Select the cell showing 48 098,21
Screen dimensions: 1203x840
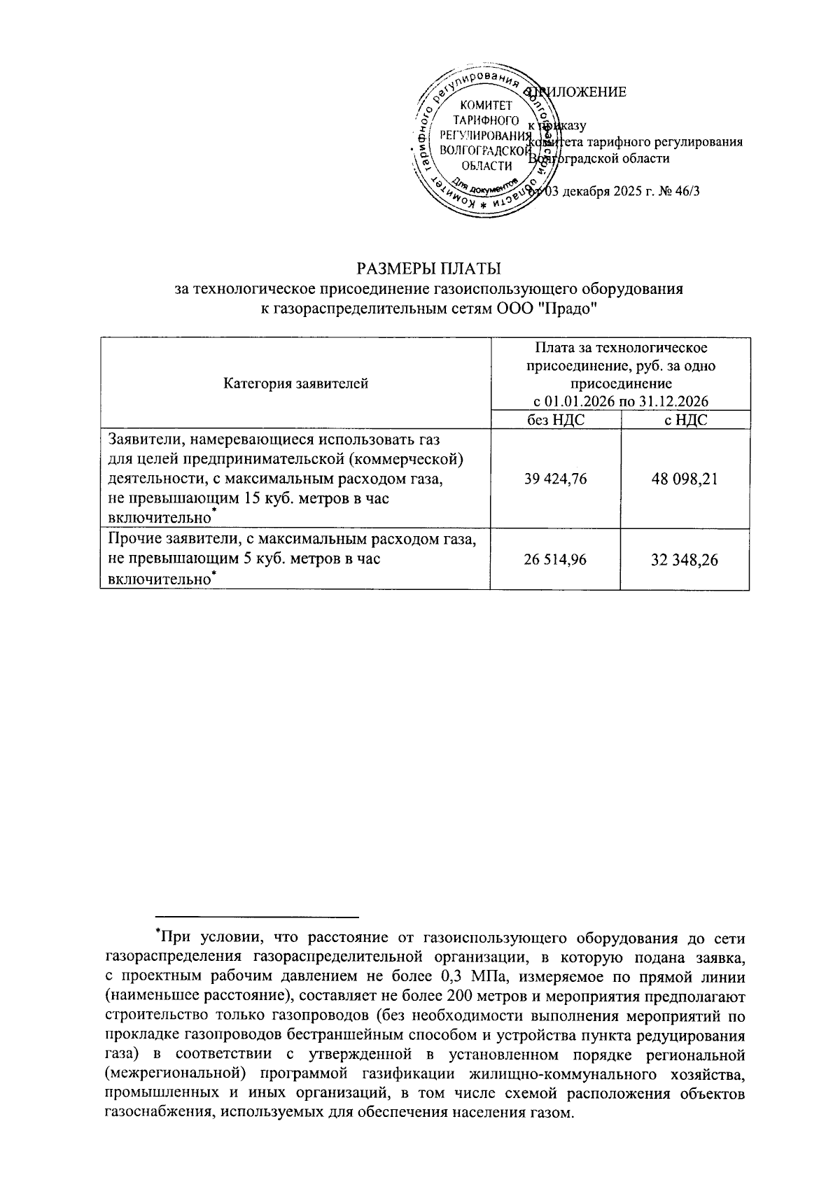[x=685, y=479]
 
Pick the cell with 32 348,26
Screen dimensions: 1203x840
[x=685, y=560]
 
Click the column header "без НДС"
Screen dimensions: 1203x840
[x=556, y=420]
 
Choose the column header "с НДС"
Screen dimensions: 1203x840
[x=685, y=420]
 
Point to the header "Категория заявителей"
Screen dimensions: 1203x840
[x=295, y=384]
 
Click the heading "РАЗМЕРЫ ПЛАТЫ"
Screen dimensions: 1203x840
[x=429, y=269]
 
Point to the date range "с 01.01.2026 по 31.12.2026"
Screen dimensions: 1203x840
[x=620, y=402]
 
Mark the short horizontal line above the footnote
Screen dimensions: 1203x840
[x=257, y=916]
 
